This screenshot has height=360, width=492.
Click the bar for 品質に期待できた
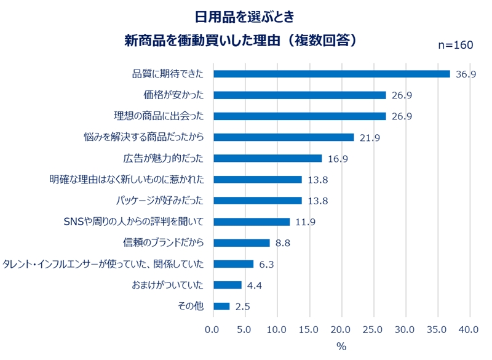(x=331, y=74)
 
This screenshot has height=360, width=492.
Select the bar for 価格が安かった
(x=300, y=95)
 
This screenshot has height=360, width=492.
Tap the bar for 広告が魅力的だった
(x=268, y=158)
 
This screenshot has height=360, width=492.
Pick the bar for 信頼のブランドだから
(x=241, y=242)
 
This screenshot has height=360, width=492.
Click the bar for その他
(x=221, y=306)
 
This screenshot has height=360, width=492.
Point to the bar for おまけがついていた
(x=227, y=285)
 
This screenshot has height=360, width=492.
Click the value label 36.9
(x=466, y=74)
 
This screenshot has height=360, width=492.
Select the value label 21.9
(x=370, y=138)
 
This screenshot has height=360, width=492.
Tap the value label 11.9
(x=305, y=222)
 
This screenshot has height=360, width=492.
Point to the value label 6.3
(x=266, y=264)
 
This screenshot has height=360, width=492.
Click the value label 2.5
(x=242, y=306)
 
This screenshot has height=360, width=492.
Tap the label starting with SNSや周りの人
(x=133, y=221)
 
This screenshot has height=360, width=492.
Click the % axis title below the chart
(x=341, y=346)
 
